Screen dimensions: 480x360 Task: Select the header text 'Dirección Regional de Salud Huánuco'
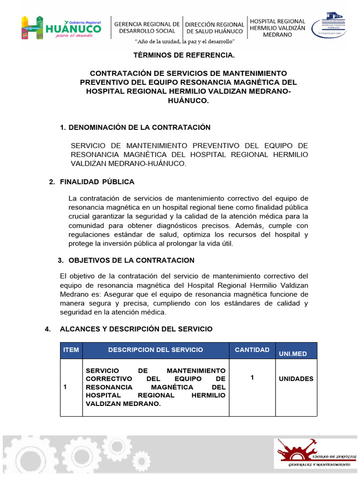tap(215, 28)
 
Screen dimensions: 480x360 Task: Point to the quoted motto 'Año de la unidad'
tap(185, 42)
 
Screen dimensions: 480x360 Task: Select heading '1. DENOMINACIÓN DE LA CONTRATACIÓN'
tap(135, 127)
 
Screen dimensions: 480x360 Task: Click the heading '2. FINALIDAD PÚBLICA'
tap(91, 181)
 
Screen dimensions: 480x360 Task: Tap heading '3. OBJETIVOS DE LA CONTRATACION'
tap(126, 260)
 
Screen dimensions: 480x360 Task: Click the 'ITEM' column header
tap(71, 350)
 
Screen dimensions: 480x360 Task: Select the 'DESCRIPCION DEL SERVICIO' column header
tap(156, 350)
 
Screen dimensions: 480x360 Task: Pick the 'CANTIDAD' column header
tap(252, 350)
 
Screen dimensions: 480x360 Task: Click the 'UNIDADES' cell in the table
tap(296, 379)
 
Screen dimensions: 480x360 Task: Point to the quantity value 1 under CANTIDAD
tap(252, 377)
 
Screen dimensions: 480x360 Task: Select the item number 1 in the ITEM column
tap(66, 387)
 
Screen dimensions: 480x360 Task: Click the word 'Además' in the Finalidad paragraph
tap(245, 225)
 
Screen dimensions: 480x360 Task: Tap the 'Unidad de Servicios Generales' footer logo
tap(315, 454)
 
